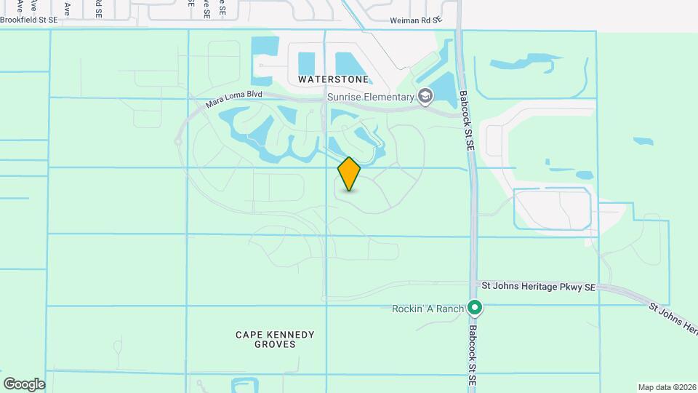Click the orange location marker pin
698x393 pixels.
click(x=350, y=174)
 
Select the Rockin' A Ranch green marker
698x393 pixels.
click(x=475, y=308)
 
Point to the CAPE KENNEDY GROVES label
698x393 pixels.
click(x=276, y=339)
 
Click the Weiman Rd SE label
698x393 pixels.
click(x=416, y=21)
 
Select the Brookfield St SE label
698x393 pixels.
click(x=29, y=20)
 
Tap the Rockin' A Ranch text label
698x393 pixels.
click(x=428, y=309)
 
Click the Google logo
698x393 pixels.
click(x=24, y=384)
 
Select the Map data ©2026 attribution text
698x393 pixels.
click(x=666, y=387)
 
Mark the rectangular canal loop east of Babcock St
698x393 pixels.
click(x=551, y=209)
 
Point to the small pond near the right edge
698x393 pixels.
click(x=643, y=141)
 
